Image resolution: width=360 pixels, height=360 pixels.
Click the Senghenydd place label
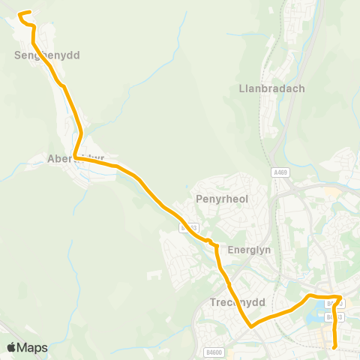click(46, 55)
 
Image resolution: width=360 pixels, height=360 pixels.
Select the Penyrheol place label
click(221, 199)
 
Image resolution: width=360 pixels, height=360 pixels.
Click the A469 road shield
click(280, 172)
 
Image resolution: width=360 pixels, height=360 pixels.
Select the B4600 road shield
click(214, 351)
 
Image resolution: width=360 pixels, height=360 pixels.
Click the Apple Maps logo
click(27, 347)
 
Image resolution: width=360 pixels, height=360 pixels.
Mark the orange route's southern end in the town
click(334, 347)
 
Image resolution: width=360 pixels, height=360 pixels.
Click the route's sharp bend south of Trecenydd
click(250, 326)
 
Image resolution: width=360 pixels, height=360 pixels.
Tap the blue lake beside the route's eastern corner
click(331, 305)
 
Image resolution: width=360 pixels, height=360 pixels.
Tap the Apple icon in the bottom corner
click(11, 347)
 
